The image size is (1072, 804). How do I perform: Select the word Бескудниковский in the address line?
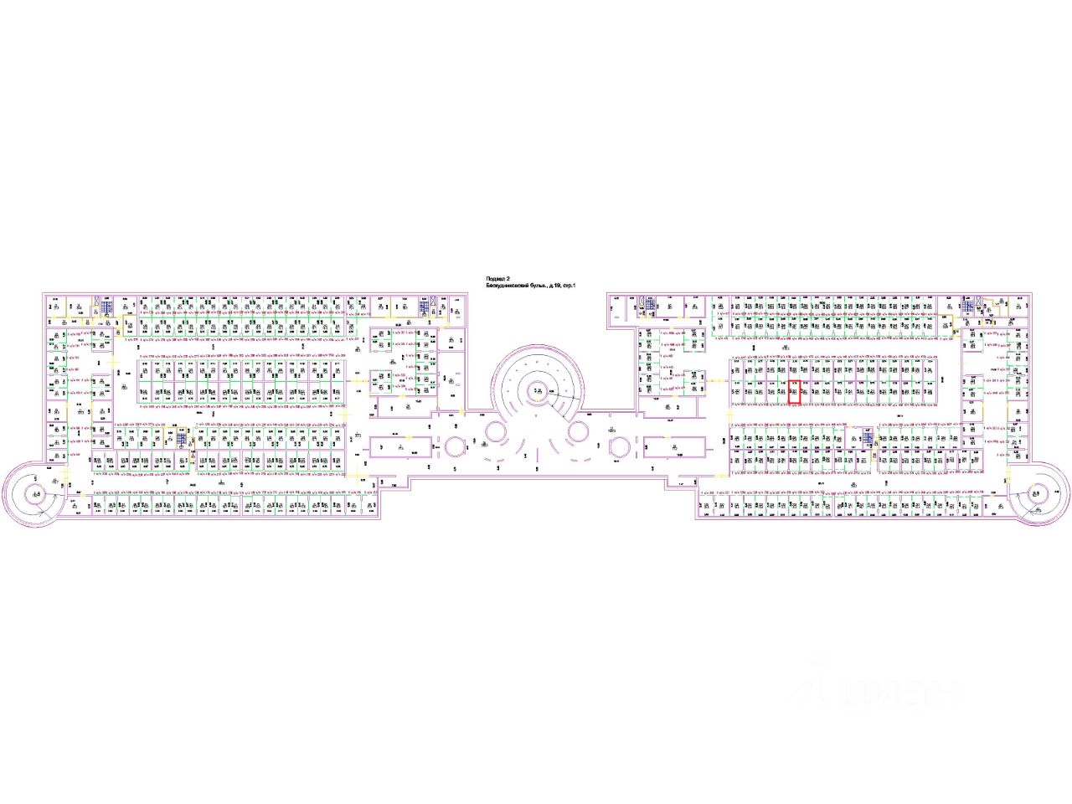pos(513,286)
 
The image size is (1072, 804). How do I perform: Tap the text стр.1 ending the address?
pos(569,286)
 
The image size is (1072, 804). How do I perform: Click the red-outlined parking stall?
pos(794,392)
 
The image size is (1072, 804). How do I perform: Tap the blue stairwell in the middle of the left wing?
pos(179,439)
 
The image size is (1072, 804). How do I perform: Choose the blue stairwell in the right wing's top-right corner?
pos(968,307)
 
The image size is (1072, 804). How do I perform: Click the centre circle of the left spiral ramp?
pos(36,493)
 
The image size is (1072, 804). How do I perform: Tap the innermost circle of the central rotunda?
pos(536,389)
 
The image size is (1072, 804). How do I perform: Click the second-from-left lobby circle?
pos(494,432)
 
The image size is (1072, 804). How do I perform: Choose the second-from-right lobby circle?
pos(577,432)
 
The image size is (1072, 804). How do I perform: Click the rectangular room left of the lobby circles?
pos(400,448)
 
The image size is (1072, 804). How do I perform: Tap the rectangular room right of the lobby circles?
pos(675,448)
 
